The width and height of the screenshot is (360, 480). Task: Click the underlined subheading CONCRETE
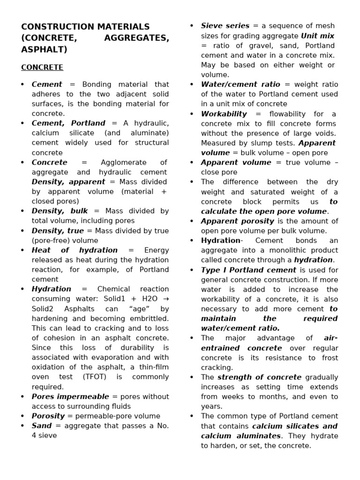pyautogui.click(x=42, y=67)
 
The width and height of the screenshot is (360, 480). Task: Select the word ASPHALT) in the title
pyautogui.click(x=44, y=49)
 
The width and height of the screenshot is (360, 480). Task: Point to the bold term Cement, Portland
pyautogui.click(x=68, y=123)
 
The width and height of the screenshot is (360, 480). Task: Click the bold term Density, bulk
pyautogui.click(x=60, y=211)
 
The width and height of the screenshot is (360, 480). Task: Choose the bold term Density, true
pyautogui.click(x=58, y=231)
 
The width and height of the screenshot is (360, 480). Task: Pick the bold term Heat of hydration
pyautogui.click(x=75, y=250)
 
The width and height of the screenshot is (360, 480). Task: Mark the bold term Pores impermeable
pyautogui.click(x=70, y=397)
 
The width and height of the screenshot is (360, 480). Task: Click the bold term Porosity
pyautogui.click(x=48, y=416)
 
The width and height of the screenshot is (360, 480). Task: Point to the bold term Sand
pyautogui.click(x=42, y=426)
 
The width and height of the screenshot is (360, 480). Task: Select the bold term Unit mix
pyautogui.click(x=317, y=36)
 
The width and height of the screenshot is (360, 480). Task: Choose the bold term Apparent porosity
pyautogui.click(x=238, y=221)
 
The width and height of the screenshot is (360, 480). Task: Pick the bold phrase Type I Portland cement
pyautogui.click(x=248, y=270)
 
